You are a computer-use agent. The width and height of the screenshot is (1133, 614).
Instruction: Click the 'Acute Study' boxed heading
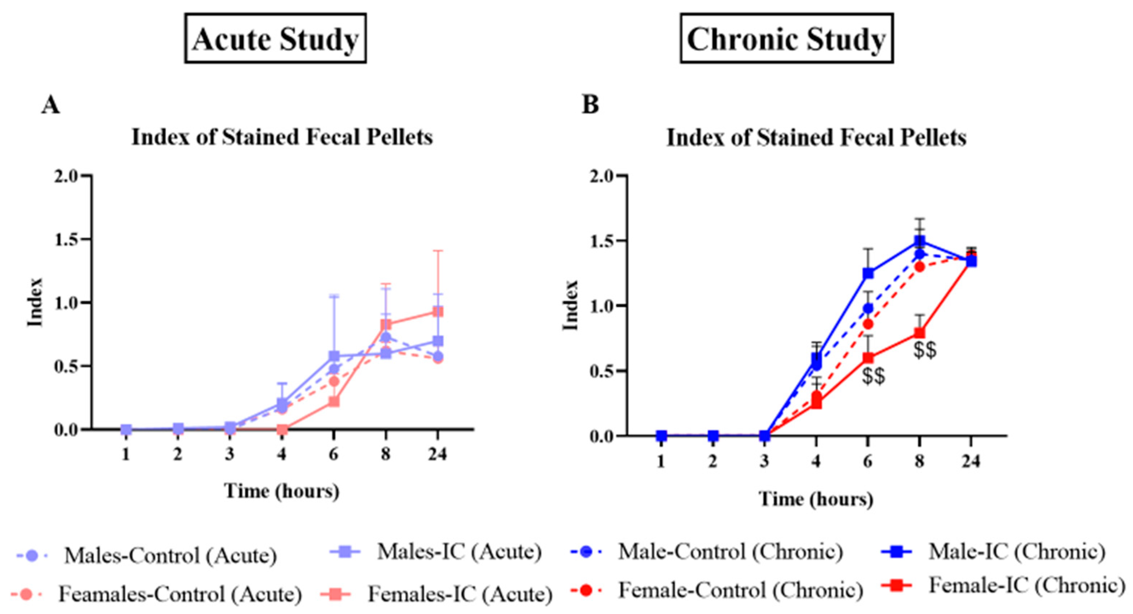click(275, 39)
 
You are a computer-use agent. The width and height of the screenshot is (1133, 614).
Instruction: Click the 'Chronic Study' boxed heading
click(786, 39)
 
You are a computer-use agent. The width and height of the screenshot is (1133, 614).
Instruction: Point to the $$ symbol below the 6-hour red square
click(873, 377)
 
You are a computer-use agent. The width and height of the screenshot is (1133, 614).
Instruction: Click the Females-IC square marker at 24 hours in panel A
click(437, 312)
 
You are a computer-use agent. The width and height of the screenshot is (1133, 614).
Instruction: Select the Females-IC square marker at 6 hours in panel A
click(334, 401)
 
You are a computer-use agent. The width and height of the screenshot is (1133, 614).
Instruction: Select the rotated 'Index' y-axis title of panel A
click(35, 302)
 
